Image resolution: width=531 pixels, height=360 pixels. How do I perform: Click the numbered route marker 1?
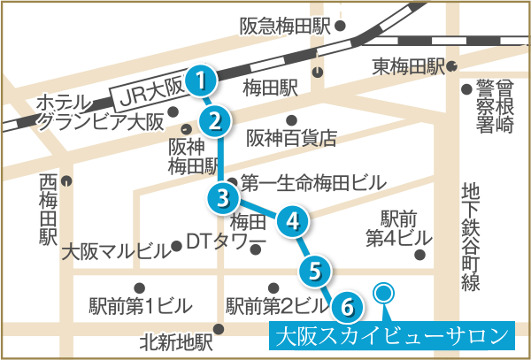tap(202, 81)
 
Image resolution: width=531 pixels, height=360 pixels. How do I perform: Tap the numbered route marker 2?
tap(215, 122)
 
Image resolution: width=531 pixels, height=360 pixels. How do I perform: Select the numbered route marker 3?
tap(222, 199)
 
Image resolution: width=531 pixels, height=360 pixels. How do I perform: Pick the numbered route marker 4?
tap(293, 221)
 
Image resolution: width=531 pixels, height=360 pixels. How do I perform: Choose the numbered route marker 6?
tap(347, 307)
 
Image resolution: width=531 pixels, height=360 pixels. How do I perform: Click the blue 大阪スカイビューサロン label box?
tap(392, 335)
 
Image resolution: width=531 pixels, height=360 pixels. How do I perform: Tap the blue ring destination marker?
tap(383, 293)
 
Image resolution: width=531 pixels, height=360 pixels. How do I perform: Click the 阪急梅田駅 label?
tap(286, 27)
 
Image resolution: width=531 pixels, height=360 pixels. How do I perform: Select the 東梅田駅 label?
tap(408, 67)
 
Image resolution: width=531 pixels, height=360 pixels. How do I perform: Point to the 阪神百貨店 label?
tap(291, 138)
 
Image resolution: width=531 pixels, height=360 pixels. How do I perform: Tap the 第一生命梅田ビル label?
tap(313, 183)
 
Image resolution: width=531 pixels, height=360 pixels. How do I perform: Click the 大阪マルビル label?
tap(116, 252)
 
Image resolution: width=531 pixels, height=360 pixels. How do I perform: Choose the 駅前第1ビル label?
tap(141, 306)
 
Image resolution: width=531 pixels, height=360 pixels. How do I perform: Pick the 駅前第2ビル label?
tap(278, 306)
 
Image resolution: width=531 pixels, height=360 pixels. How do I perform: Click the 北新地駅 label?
tap(176, 342)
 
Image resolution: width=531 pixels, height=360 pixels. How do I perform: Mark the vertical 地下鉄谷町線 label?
tap(471, 238)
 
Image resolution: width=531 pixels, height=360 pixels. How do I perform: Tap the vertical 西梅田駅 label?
tap(48, 211)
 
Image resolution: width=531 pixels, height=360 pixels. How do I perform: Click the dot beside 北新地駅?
tap(219, 329)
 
